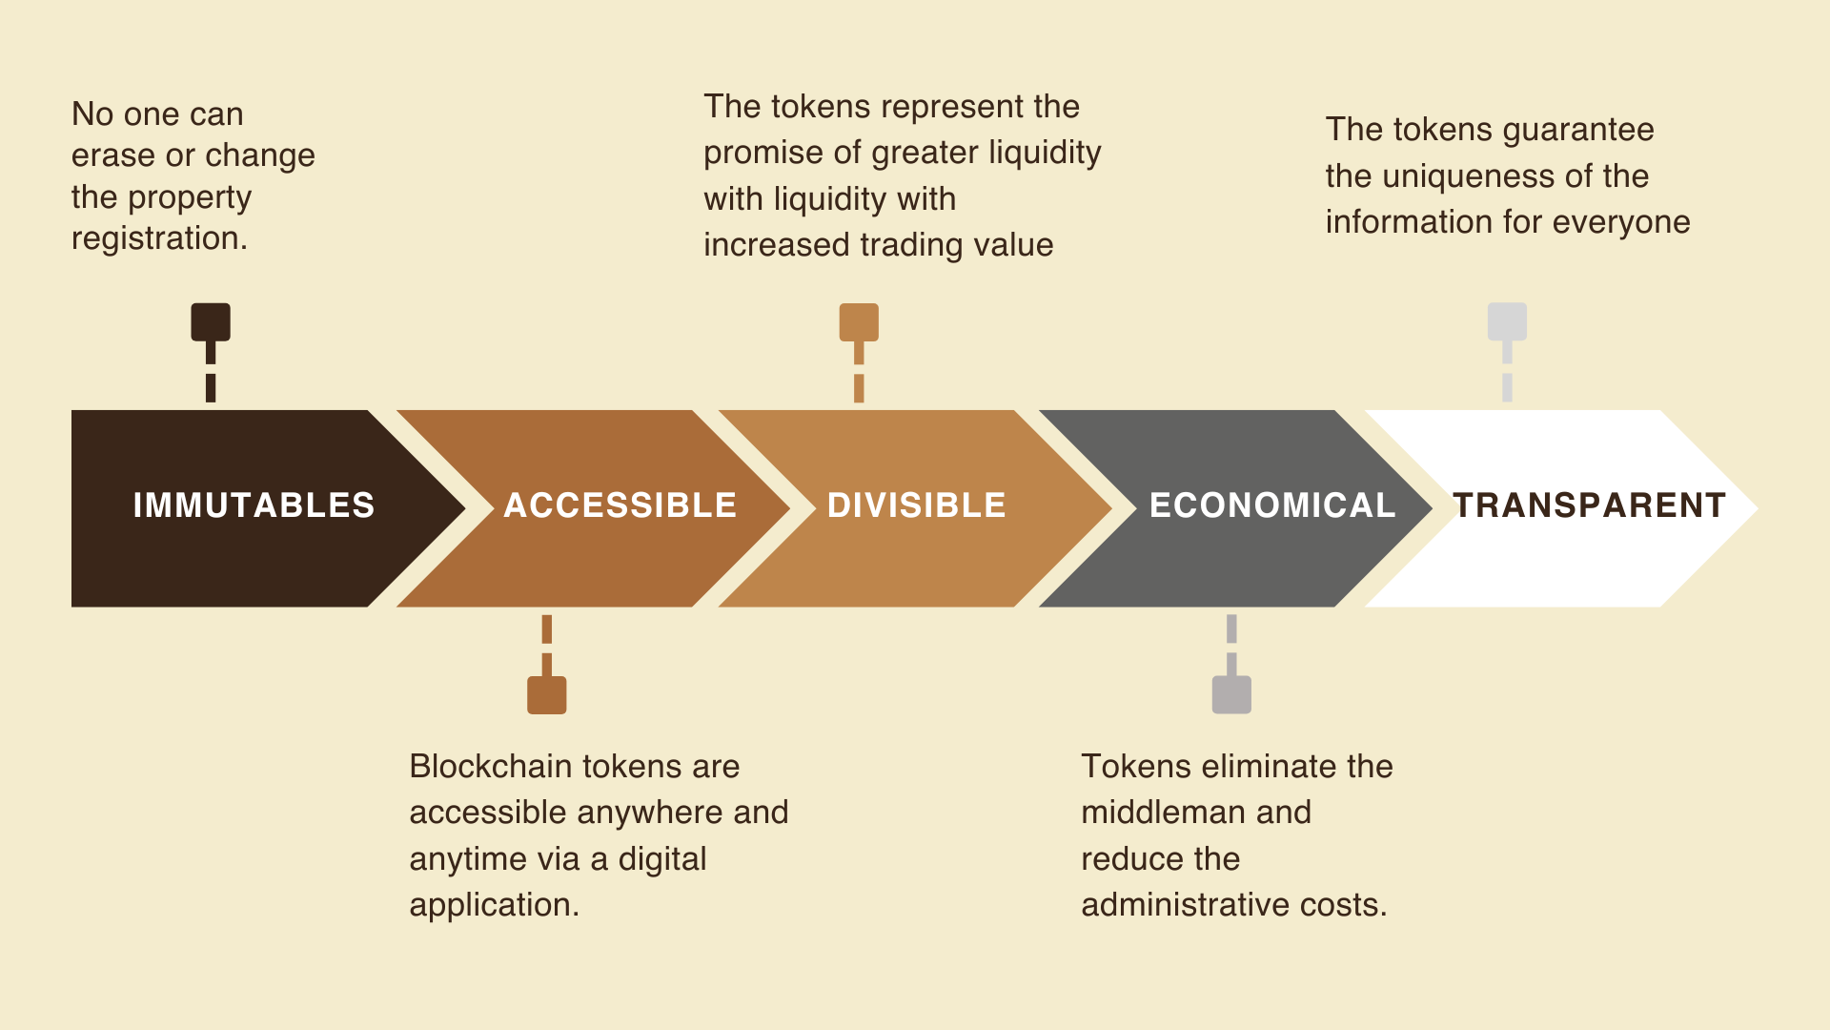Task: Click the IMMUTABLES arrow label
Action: [x=254, y=505]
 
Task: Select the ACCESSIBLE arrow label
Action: [x=620, y=505]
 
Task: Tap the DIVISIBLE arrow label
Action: [x=917, y=505]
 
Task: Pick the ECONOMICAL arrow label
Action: [x=1272, y=505]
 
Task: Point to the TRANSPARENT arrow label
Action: [x=1589, y=505]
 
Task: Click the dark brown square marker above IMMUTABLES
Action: [x=211, y=322]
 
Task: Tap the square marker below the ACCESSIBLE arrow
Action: [x=547, y=695]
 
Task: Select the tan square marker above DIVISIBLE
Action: [x=859, y=322]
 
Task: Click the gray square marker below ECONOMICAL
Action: [x=1231, y=695]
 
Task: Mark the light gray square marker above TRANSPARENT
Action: [x=1507, y=322]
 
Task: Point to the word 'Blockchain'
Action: [x=491, y=767]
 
